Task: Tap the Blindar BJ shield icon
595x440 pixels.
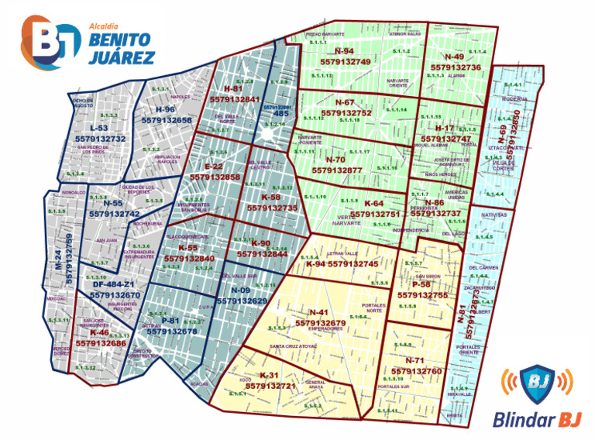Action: coord(538,383)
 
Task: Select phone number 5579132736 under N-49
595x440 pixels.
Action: coord(456,67)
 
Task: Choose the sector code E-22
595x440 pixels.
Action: coord(214,167)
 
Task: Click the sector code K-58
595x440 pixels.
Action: coord(270,198)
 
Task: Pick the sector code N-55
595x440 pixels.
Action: coord(114,204)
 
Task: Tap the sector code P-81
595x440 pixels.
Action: coord(170,321)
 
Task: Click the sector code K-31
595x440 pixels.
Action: coord(270,376)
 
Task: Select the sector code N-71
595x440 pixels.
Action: coord(415,361)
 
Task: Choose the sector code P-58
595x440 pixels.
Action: coord(422,285)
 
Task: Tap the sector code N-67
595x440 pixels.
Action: coord(345,103)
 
